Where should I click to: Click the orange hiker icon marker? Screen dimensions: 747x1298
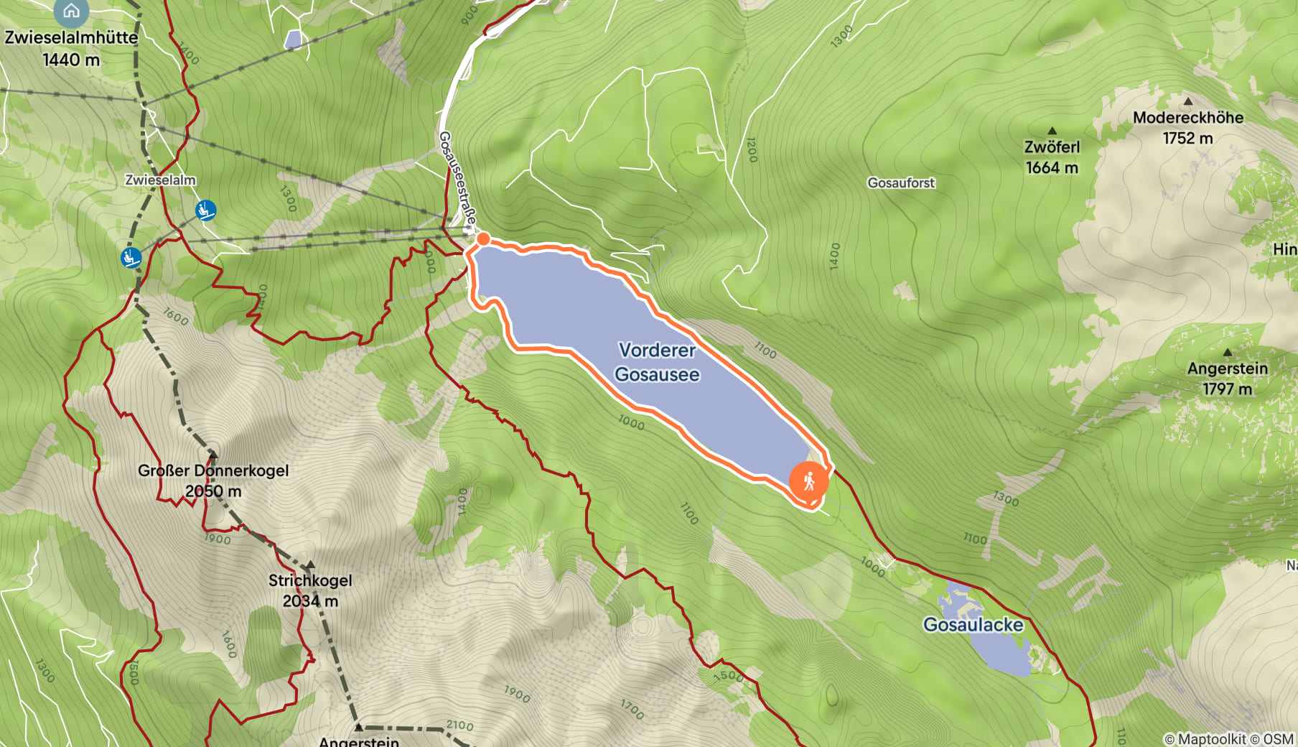[x=808, y=481]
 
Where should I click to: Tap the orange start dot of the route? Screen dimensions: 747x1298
[x=484, y=238]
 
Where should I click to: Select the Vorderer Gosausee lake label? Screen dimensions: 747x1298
[x=657, y=362]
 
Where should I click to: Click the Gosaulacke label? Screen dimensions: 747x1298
[x=973, y=625]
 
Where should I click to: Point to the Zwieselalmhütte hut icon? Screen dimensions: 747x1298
[x=71, y=10]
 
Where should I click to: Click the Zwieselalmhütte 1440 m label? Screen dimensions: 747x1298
[x=71, y=48]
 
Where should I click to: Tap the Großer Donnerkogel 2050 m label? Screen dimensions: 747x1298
[x=213, y=481]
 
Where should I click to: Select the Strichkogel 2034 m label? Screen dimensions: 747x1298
[x=310, y=590]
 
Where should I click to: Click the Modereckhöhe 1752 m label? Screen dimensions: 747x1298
[x=1188, y=127]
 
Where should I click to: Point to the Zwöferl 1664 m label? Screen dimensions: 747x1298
[x=1052, y=157]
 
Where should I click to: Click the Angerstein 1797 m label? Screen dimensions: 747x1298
[x=1227, y=379]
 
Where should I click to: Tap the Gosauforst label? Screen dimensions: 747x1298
[x=901, y=183]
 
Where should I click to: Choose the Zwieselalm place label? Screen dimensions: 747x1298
[x=160, y=180]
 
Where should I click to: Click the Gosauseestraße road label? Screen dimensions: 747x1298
[x=457, y=177]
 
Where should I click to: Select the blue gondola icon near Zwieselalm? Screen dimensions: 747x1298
[x=205, y=210]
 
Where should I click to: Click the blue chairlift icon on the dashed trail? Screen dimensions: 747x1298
[x=131, y=257]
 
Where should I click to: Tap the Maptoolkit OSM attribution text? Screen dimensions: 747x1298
[x=1228, y=738]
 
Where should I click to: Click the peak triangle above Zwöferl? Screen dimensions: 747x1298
[x=1052, y=131]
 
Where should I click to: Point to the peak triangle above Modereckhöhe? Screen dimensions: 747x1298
[x=1187, y=101]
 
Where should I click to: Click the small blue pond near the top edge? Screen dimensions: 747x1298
[x=293, y=40]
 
